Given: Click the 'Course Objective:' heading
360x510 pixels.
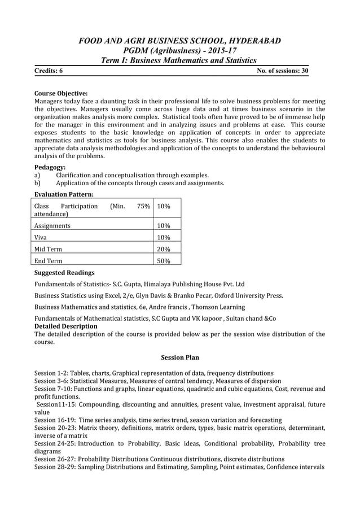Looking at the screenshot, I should point(61,93).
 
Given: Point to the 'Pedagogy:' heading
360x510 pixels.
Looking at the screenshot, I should point(50,167).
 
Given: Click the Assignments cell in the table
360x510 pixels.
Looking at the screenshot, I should point(52,225).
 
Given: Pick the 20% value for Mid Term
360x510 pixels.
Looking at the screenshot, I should point(164,249).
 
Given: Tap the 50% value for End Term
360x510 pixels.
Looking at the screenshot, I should point(164,261).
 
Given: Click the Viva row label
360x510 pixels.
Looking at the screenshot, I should point(41,237).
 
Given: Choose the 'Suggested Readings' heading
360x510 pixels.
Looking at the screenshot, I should point(64,273).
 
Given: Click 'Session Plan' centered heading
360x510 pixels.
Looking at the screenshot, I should point(180,358).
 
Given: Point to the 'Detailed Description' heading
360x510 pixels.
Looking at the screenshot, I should point(66,326).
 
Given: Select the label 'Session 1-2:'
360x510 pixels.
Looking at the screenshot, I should point(51,373).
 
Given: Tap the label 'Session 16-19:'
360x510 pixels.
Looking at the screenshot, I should point(54,420).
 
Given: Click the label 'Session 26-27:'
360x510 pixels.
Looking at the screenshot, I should point(54,459).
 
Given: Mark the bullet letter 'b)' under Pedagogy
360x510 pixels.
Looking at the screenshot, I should point(38,183).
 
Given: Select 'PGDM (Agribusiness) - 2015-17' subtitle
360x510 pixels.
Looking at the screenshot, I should point(180,51).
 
